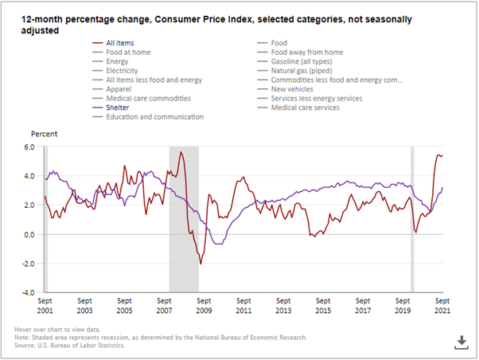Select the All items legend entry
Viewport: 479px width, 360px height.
pos(120,42)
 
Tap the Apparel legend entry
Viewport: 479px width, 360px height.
pos(119,89)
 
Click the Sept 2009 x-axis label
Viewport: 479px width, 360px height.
pos(204,305)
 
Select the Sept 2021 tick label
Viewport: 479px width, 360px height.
pos(442,305)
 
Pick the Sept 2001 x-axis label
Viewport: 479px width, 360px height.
pos(45,305)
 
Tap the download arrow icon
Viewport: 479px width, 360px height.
pos(459,342)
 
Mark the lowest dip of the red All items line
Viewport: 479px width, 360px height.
pos(201,264)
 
